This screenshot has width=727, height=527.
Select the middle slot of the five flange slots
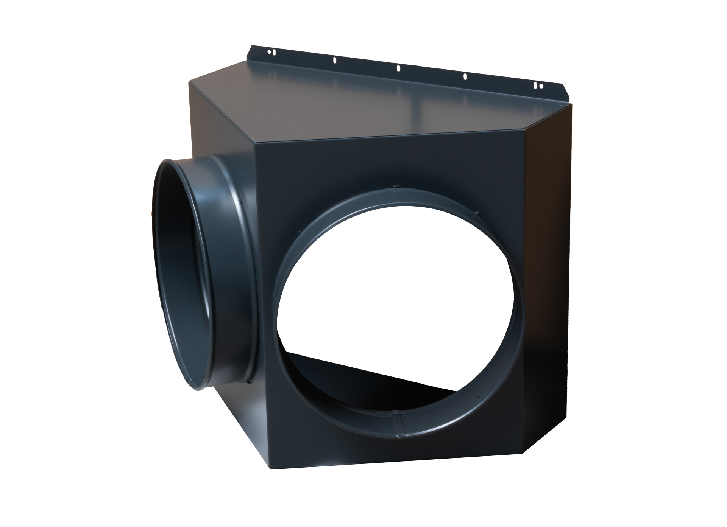(x=398, y=68)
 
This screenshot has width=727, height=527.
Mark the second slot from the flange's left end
(x=335, y=60)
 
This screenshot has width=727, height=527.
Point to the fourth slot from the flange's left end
(x=465, y=76)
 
